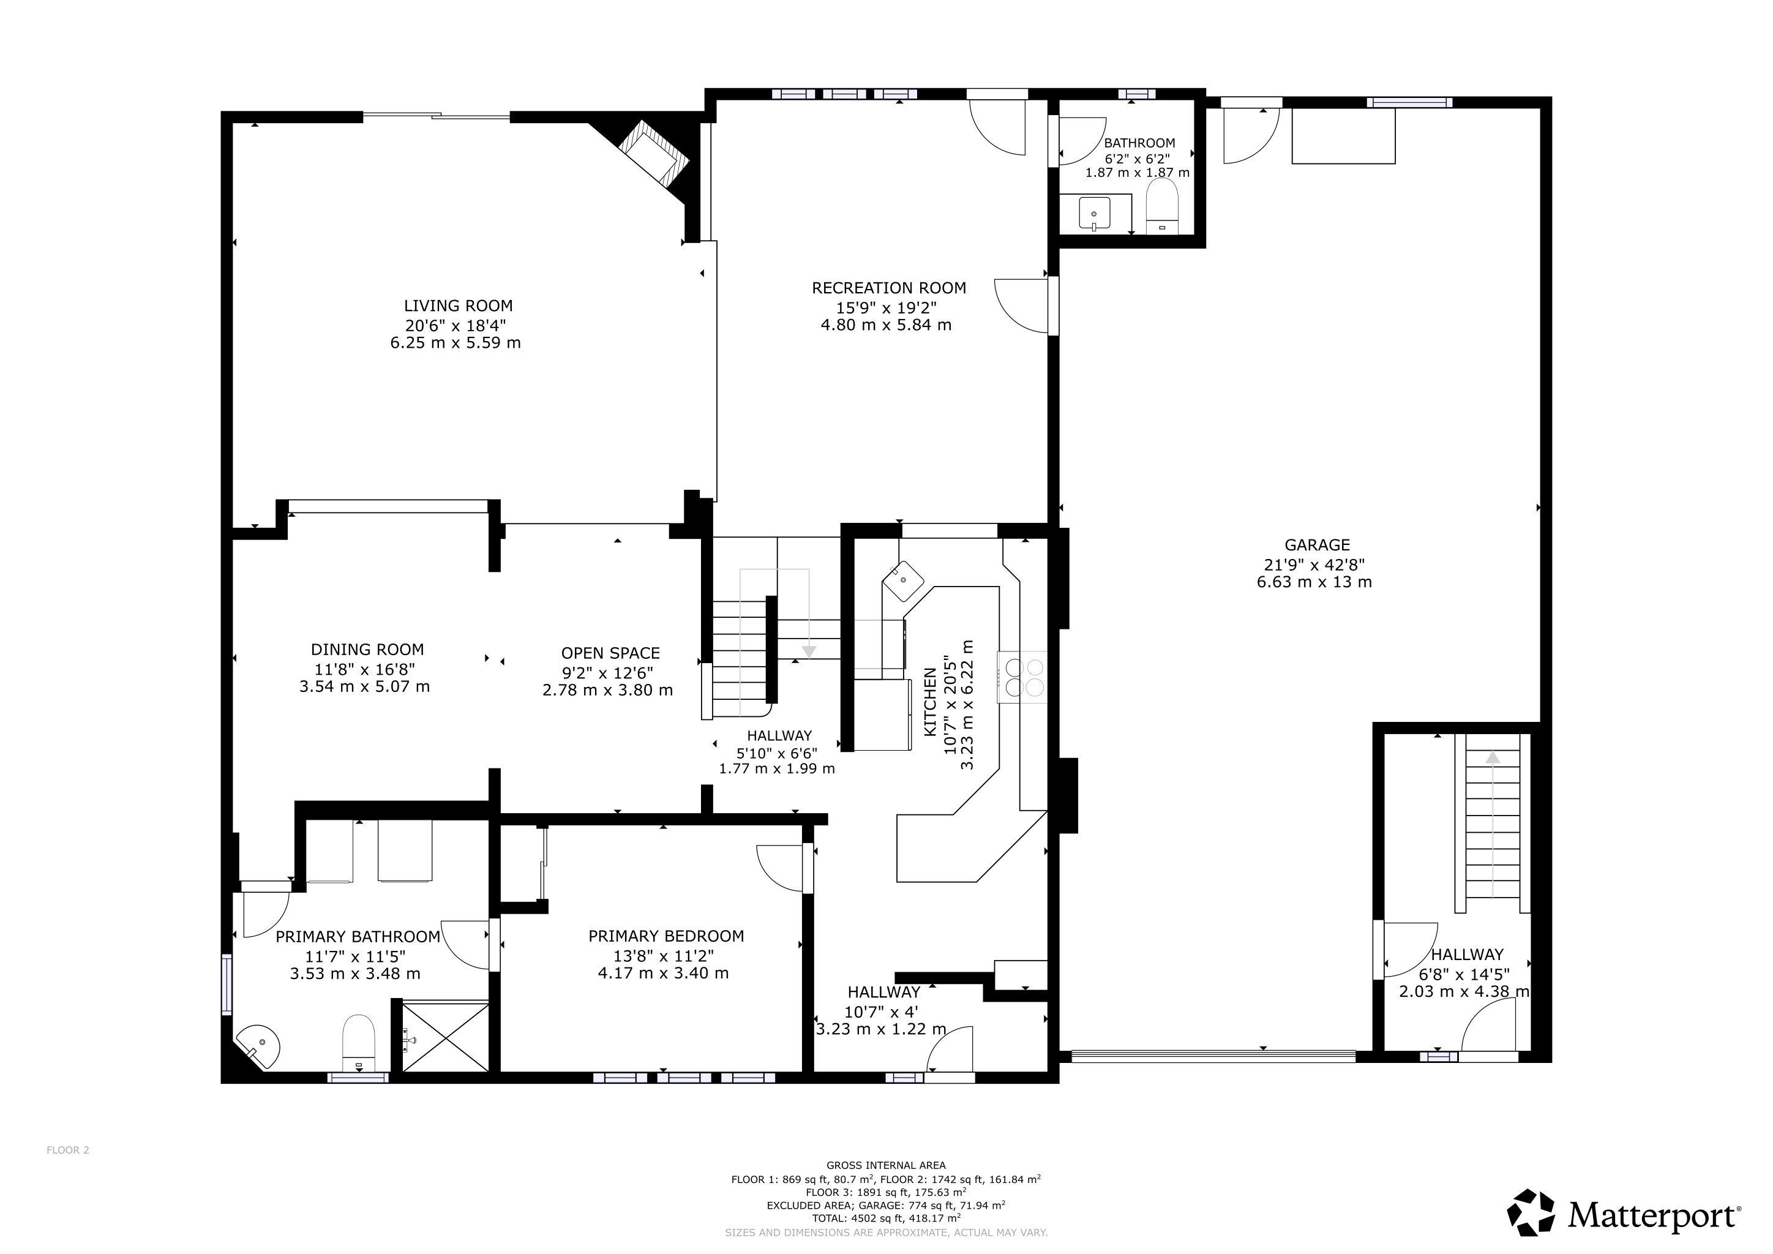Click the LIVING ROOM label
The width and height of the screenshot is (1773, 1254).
(x=458, y=306)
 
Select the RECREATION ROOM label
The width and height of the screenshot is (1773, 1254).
(x=889, y=288)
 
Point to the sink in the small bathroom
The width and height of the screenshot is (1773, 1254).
(x=1094, y=213)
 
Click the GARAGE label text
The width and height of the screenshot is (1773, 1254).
(x=1306, y=545)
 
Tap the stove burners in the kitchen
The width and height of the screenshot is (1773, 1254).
(x=1023, y=677)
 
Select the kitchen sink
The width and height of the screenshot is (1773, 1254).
(x=902, y=580)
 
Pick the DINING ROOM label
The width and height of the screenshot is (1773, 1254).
(x=367, y=650)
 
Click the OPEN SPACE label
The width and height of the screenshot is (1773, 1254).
(x=610, y=653)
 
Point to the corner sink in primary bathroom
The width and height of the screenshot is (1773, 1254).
(x=258, y=1046)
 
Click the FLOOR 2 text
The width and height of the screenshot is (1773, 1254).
(x=68, y=1150)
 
